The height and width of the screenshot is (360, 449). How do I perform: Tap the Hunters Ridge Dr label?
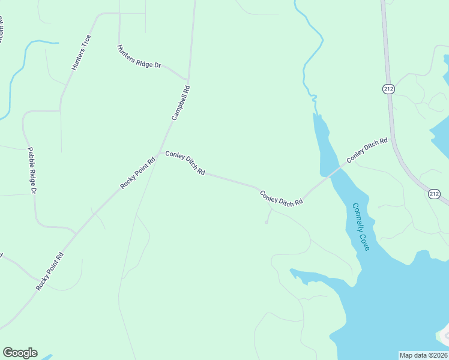pyautogui.click(x=139, y=56)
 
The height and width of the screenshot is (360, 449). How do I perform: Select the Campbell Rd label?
pyautogui.click(x=181, y=103)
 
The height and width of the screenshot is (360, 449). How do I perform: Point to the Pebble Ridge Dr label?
pyautogui.click(x=32, y=170)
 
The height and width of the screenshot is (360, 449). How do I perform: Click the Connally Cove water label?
pyautogui.click(x=361, y=226)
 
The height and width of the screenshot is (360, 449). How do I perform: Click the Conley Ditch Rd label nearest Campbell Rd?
pyautogui.click(x=185, y=163)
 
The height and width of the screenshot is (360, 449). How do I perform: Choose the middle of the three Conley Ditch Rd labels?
pyautogui.click(x=281, y=199)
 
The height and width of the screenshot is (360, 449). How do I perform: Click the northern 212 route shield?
pyautogui.click(x=388, y=89)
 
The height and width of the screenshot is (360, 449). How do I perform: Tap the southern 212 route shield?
pyautogui.click(x=435, y=194)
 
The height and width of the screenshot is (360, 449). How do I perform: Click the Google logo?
pyautogui.click(x=20, y=353)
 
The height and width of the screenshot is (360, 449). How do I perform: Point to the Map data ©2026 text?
pyautogui.click(x=424, y=355)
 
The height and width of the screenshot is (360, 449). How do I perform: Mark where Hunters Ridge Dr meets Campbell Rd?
pyautogui.click(x=188, y=80)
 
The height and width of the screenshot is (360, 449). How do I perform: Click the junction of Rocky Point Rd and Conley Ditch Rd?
pyautogui.click(x=160, y=151)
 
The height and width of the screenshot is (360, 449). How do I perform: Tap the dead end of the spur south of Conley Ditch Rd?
pyautogui.click(x=267, y=223)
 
